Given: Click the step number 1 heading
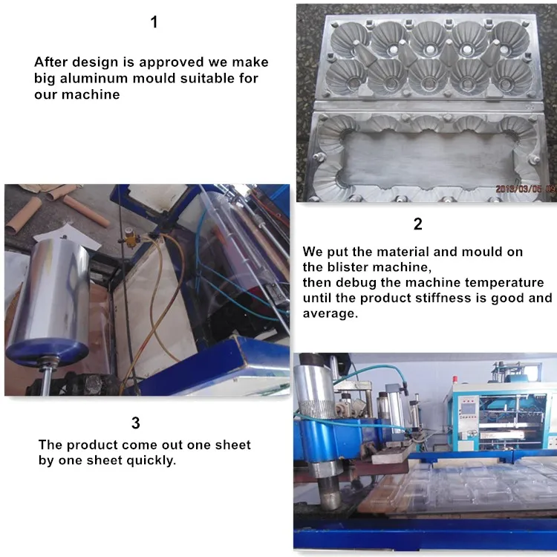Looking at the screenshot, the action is click(154, 22).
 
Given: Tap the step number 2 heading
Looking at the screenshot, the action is click(417, 224).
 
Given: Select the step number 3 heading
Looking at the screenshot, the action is click(136, 423).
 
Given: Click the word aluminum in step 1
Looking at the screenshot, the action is click(94, 78).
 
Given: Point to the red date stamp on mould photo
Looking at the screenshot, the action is click(526, 189).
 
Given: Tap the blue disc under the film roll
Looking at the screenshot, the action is click(48, 352).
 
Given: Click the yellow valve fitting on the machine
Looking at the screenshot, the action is click(131, 238).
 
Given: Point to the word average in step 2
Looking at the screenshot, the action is click(330, 313).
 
